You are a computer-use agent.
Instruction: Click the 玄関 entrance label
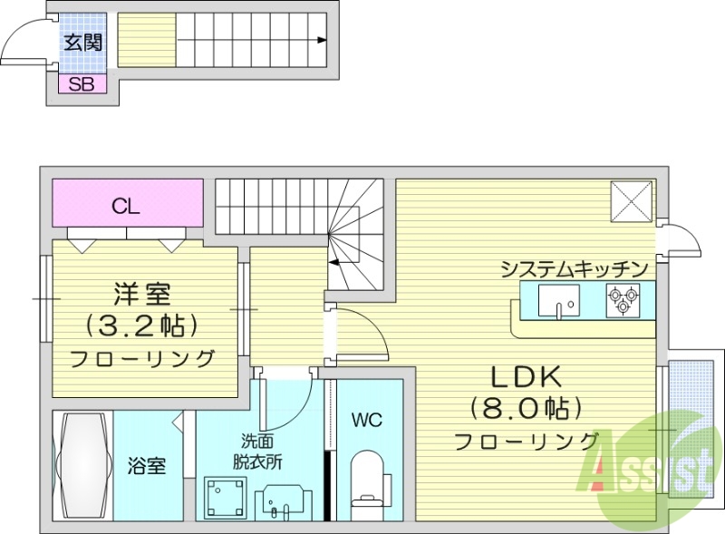click(x=82, y=42)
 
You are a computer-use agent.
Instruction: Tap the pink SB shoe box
click(x=82, y=84)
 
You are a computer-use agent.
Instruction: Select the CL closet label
click(x=126, y=206)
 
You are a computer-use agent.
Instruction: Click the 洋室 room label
click(x=142, y=295)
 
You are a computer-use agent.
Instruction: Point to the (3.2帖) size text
click(x=142, y=325)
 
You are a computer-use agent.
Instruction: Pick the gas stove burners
click(x=623, y=300)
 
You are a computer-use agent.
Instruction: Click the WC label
click(x=367, y=420)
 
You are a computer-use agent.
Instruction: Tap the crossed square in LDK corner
click(x=631, y=199)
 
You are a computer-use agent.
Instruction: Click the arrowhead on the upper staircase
click(x=323, y=40)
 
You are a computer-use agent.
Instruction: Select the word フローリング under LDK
click(x=527, y=442)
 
